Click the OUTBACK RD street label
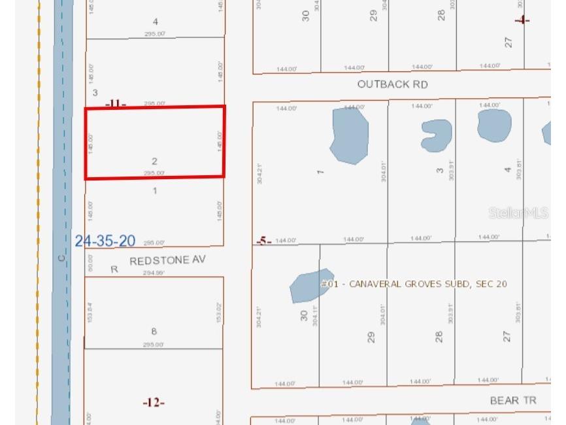tap(392, 84)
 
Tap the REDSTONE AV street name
tap(167, 260)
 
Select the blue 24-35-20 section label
tap(105, 241)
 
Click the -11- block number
tap(116, 103)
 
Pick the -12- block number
tap(154, 403)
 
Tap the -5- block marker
tap(263, 241)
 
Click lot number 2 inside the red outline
tap(154, 161)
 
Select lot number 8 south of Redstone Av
tap(154, 331)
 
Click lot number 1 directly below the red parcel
tap(155, 191)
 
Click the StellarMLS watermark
tap(518, 213)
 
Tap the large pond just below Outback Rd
tap(349, 135)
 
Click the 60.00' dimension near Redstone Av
tap(91, 262)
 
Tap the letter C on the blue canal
tap(61, 258)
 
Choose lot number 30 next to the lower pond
tap(304, 316)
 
